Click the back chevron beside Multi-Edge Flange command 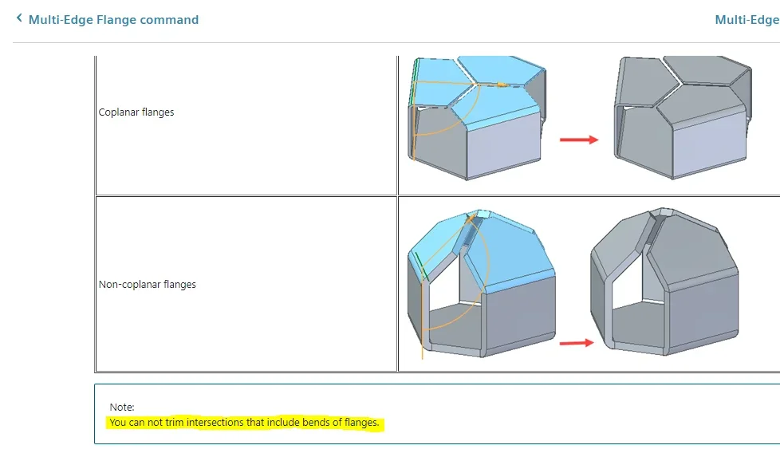[x=19, y=18]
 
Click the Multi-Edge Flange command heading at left [x=113, y=20]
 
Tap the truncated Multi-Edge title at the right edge [x=747, y=20]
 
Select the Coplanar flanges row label [x=136, y=112]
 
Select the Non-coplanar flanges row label [x=148, y=285]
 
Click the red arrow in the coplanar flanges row [x=579, y=140]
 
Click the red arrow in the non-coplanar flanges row [x=577, y=343]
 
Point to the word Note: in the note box [x=122, y=407]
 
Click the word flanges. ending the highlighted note [x=361, y=422]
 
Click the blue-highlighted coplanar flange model [x=478, y=118]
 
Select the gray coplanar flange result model [x=683, y=118]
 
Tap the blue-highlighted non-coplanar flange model [x=481, y=283]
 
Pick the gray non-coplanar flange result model [x=664, y=282]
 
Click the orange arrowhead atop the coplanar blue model [x=502, y=85]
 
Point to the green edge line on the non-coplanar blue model [x=420, y=266]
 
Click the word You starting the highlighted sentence [x=118, y=422]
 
